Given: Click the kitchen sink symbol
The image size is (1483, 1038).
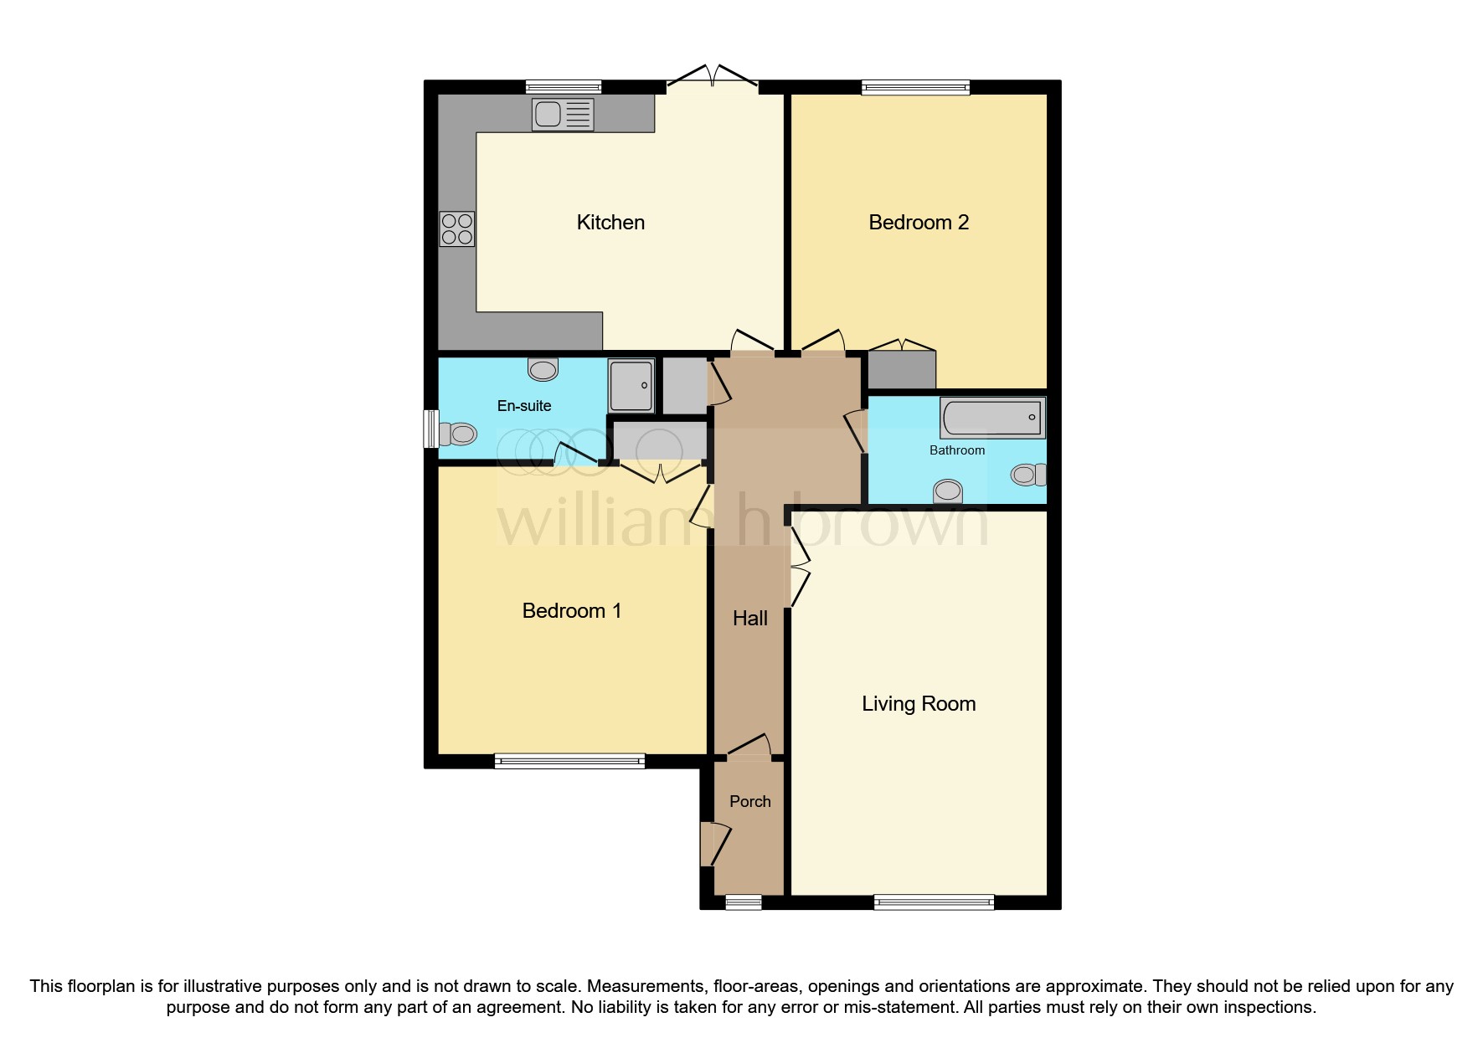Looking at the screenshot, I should pyautogui.click(x=563, y=115).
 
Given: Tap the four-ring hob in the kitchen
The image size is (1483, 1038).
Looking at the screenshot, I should pyautogui.click(x=457, y=229).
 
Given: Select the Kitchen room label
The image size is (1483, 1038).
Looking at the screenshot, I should pyautogui.click(x=610, y=223).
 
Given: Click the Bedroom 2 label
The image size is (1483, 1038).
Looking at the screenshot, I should pyautogui.click(x=919, y=223).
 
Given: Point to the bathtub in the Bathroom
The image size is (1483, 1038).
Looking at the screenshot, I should pyautogui.click(x=992, y=418).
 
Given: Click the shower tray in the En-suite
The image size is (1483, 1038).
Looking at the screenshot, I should pyautogui.click(x=631, y=386).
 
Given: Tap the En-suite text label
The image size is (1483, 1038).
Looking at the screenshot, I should pyautogui.click(x=524, y=406).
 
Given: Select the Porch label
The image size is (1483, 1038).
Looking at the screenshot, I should pyautogui.click(x=749, y=802).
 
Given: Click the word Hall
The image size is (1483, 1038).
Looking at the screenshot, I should pyautogui.click(x=749, y=619).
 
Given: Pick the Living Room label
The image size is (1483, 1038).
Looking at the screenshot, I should pyautogui.click(x=919, y=704).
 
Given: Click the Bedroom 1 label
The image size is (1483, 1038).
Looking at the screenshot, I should pyautogui.click(x=571, y=611).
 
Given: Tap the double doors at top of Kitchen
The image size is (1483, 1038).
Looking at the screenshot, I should pyautogui.click(x=713, y=79).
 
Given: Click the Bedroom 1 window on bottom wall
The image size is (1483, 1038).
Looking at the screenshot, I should pyautogui.click(x=569, y=761).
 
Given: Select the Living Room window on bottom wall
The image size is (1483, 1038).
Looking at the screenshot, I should pyautogui.click(x=934, y=902).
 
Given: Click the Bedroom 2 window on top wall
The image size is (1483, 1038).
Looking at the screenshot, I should pyautogui.click(x=915, y=87).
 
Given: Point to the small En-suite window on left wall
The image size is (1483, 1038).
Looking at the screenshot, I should pyautogui.click(x=430, y=429).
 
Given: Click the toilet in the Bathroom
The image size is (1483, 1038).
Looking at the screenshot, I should pyautogui.click(x=1028, y=475).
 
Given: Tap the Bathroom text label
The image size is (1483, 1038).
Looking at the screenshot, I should pyautogui.click(x=957, y=450).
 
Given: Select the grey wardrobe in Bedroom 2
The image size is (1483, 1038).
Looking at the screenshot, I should pyautogui.click(x=901, y=370).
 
